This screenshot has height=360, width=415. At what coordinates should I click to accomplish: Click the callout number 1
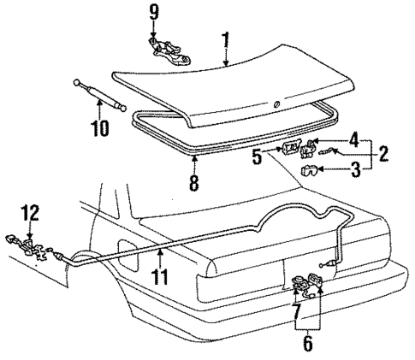click(225, 38)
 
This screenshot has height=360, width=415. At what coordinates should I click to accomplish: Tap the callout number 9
click(154, 12)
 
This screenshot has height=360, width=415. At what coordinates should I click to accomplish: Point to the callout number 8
click(193, 182)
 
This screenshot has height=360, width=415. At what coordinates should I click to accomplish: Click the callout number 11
click(160, 277)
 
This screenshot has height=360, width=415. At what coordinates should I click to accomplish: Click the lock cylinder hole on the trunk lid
click(276, 105)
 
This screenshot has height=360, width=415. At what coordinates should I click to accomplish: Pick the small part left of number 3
click(309, 171)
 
